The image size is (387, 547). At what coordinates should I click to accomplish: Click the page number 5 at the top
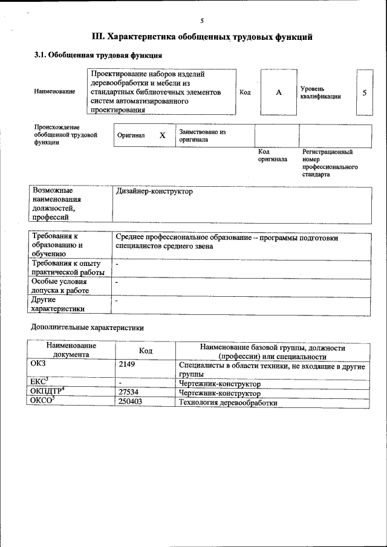(x=202, y=21)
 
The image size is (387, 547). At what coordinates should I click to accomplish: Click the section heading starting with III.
(x=201, y=37)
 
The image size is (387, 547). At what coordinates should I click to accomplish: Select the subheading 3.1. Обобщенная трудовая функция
(x=97, y=56)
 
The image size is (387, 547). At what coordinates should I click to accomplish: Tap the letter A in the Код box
(x=279, y=92)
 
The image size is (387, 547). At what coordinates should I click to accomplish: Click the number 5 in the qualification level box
(x=364, y=92)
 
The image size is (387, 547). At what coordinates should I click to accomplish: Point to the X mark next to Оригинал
(x=162, y=135)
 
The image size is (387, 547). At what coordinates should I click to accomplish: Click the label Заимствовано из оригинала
(x=202, y=135)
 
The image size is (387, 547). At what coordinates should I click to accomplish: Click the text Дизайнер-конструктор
(x=154, y=192)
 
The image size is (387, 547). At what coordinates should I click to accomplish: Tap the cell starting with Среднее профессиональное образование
(x=226, y=242)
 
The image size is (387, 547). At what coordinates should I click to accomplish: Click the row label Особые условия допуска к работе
(x=60, y=286)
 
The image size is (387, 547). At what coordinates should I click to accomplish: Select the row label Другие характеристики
(x=58, y=304)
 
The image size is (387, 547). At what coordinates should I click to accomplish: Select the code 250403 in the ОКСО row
(x=131, y=401)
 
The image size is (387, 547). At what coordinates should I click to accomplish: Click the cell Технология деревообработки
(x=228, y=403)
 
